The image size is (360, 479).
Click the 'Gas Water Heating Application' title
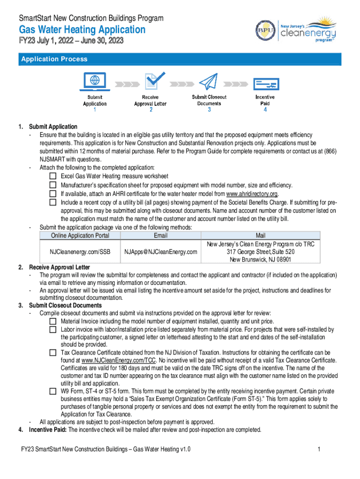(x=82, y=30)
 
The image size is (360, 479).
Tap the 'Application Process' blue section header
(x=53, y=59)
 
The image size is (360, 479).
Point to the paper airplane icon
(x=209, y=82)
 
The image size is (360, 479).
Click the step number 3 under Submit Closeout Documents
(x=209, y=110)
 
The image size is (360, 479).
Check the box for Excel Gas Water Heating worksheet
(x=53, y=176)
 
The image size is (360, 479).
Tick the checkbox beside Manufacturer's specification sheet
(x=53, y=185)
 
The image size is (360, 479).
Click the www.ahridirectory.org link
(x=252, y=194)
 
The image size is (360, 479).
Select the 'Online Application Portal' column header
(x=80, y=236)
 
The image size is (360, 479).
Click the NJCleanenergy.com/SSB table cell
(x=80, y=252)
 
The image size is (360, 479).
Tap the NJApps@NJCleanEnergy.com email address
(x=161, y=252)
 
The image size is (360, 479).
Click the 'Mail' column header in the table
(x=260, y=236)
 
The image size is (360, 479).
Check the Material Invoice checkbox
(x=53, y=321)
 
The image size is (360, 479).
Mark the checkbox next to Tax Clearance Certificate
(x=53, y=352)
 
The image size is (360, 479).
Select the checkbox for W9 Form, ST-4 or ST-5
(x=53, y=391)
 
